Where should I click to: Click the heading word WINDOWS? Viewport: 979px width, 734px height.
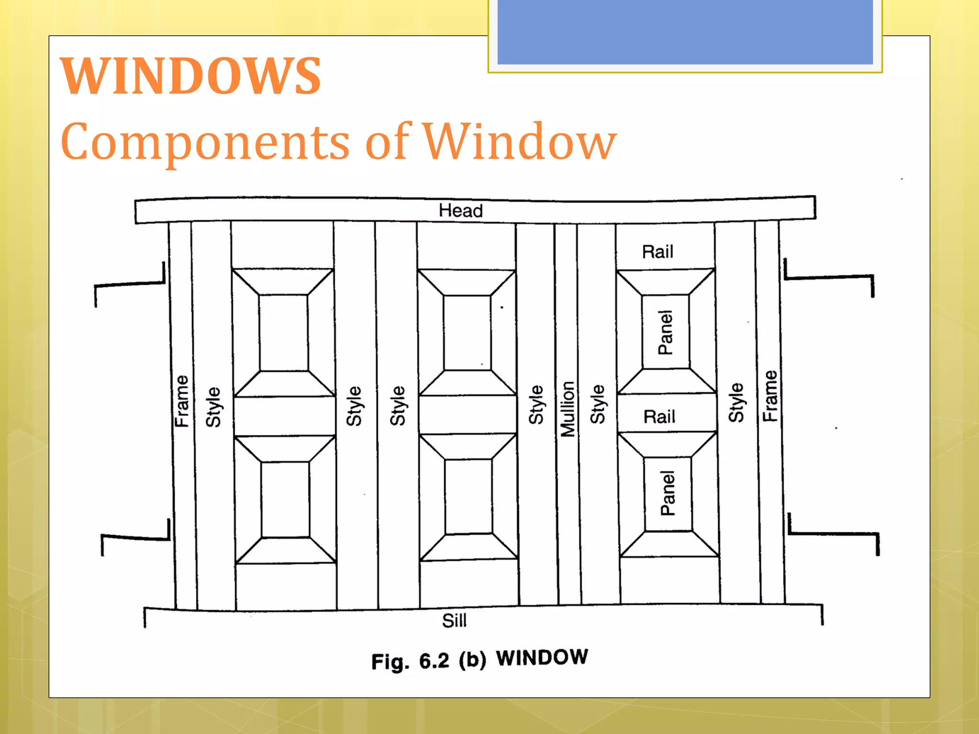coord(191,76)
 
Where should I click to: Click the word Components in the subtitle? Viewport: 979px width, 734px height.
coord(206,142)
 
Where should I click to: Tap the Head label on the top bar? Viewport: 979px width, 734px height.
coord(461,211)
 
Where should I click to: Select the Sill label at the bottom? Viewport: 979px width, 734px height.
coord(454,621)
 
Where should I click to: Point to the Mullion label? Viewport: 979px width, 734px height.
coord(567,409)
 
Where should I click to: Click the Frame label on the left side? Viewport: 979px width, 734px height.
coord(182,401)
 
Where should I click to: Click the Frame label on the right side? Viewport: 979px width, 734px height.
coord(770,396)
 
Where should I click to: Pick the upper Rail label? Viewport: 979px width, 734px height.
coord(657,252)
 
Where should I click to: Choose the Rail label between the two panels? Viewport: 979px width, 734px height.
coord(659,417)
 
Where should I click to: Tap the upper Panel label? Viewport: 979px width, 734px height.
coord(665,333)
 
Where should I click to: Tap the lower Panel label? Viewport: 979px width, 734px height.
coord(668,493)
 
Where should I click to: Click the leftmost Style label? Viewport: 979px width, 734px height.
coord(213,407)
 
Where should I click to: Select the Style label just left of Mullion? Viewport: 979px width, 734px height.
coord(536,405)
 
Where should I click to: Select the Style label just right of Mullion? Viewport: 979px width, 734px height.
coord(598,404)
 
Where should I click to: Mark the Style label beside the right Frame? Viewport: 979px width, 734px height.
coord(736,402)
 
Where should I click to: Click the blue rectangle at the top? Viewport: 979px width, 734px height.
coord(685,32)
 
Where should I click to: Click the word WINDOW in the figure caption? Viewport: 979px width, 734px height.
coord(542,658)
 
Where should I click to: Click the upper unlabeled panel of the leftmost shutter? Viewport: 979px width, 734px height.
coord(283,333)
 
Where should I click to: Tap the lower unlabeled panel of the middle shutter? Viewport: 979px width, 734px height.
coord(468,497)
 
